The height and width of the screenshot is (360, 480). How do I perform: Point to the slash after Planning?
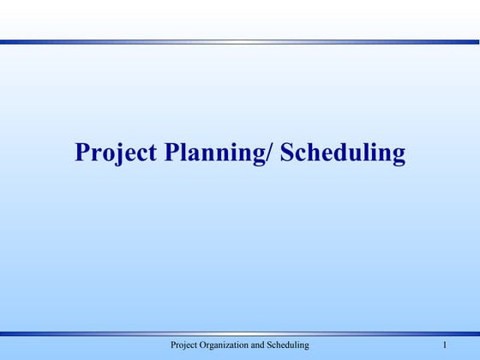tap(272, 153)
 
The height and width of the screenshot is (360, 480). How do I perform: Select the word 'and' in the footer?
tap(265, 345)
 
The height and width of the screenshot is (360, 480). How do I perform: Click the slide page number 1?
tap(446, 345)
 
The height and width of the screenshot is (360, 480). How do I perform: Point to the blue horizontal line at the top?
tap(240, 41)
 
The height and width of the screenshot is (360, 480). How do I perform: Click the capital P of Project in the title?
tap(83, 153)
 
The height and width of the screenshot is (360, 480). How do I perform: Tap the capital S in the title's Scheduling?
tap(288, 153)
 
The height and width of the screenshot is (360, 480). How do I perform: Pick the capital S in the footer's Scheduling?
tap(278, 345)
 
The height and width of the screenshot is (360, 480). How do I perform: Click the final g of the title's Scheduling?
tap(398, 155)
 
